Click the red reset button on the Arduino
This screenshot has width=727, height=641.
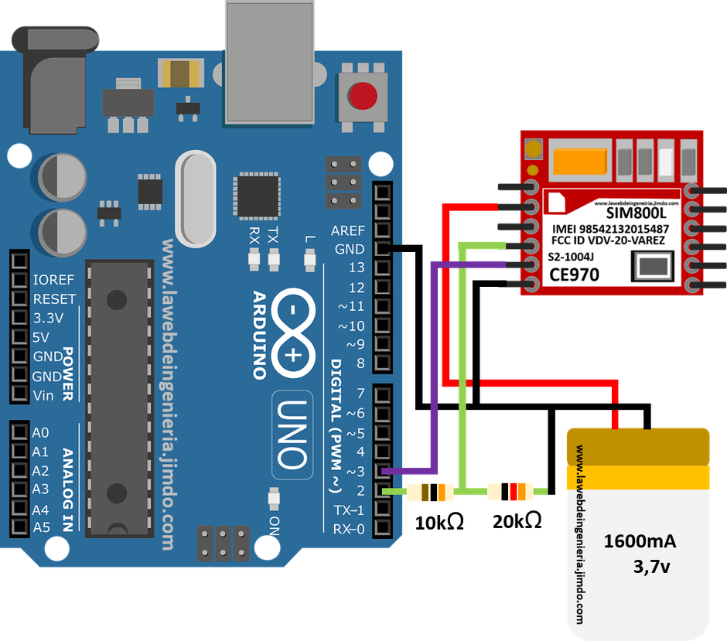(363, 97)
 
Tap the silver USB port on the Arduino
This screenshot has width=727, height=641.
(269, 62)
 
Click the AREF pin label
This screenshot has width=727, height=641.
(347, 230)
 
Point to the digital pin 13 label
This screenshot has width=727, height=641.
(356, 268)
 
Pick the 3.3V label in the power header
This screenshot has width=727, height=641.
(51, 319)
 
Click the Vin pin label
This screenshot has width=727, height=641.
(44, 395)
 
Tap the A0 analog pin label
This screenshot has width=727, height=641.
(41, 432)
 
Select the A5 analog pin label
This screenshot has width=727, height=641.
(41, 528)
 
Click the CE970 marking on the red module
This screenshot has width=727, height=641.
(575, 274)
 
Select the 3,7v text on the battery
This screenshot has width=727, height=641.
(651, 567)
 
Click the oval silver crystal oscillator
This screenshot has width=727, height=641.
(197, 197)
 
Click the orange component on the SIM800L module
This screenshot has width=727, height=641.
(580, 161)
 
